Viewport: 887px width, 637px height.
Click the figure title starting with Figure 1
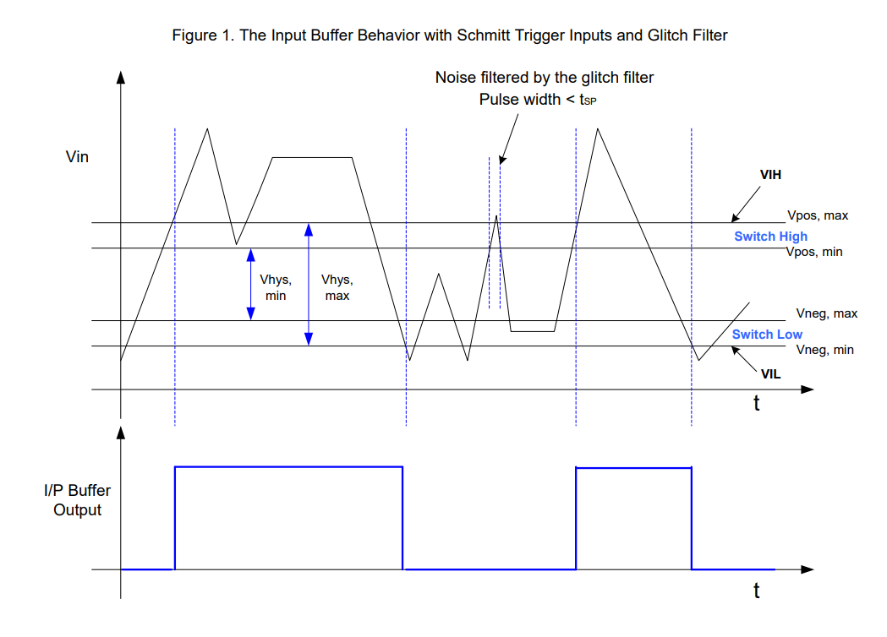[449, 35]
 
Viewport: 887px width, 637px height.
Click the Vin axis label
[77, 156]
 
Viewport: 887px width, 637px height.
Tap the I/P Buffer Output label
[78, 499]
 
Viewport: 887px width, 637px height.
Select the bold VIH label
[769, 175]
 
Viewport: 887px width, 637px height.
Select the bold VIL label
[769, 373]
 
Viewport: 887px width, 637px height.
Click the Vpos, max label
[818, 215]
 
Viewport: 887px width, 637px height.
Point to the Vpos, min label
[814, 252]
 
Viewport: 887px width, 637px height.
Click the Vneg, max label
[826, 313]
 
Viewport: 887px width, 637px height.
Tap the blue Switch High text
[770, 237]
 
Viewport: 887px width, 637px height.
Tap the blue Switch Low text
[767, 335]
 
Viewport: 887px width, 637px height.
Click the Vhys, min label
[276, 288]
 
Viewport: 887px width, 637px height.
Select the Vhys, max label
[337, 288]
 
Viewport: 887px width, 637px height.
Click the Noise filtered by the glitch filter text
[545, 78]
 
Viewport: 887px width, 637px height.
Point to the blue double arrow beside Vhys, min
[250, 284]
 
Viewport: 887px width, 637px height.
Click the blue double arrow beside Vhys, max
[309, 284]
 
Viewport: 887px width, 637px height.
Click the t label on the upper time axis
[757, 404]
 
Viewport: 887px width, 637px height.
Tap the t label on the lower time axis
[757, 591]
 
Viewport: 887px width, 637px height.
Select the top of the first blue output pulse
[288, 466]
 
